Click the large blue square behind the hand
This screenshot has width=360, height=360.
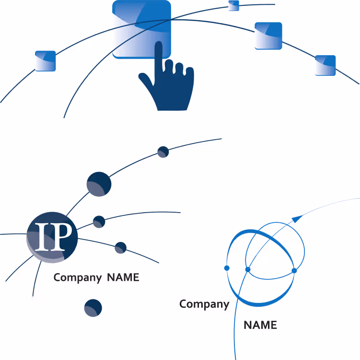tap(141, 29)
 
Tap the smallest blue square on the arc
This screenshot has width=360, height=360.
tap(234, 6)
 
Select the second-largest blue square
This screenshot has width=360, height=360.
tap(268, 36)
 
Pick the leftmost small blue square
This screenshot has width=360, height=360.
tap(46, 61)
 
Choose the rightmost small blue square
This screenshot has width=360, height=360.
tap(325, 65)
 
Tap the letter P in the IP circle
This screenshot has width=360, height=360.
tap(61, 237)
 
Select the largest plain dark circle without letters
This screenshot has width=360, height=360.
tap(99, 184)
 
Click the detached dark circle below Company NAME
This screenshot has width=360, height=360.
tap(93, 308)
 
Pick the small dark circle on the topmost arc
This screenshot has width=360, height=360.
tap(163, 152)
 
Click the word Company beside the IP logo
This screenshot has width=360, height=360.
tap(78, 278)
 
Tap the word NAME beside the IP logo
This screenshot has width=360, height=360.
tap(123, 277)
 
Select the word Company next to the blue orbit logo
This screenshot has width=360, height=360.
tap(204, 304)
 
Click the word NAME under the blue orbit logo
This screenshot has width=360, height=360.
tap(260, 325)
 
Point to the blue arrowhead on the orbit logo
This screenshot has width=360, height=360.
tap(298, 218)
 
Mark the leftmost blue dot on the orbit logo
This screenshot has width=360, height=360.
tap(227, 268)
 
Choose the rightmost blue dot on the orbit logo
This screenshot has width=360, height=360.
tap(294, 271)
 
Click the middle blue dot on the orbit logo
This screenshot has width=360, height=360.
tap(248, 269)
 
